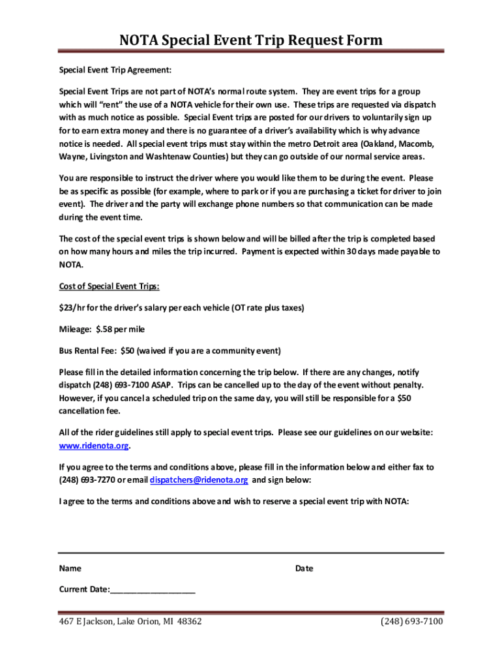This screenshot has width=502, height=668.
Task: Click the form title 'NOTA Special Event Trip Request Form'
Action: tap(251, 41)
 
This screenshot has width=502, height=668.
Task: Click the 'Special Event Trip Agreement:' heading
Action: tap(115, 70)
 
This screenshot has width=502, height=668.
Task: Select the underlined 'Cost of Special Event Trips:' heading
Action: tap(110, 286)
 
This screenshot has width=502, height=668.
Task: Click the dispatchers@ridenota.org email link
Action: tap(199, 480)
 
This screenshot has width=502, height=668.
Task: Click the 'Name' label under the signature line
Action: tap(70, 568)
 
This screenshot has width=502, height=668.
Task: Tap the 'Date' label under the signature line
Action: tap(304, 568)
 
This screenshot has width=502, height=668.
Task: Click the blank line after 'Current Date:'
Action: tap(153, 590)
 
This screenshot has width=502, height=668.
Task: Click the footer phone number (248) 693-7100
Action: tap(412, 622)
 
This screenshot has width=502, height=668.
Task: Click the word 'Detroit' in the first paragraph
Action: tap(310, 144)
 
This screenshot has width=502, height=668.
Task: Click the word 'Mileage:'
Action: tap(75, 329)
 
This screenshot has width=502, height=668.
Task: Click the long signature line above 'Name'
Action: tap(251, 553)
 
